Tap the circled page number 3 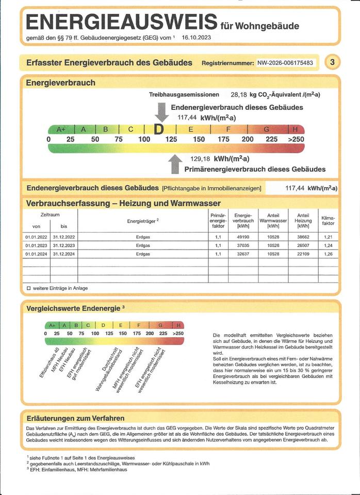pyautogui.click(x=332, y=62)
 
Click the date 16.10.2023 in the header pyautogui.click(x=197, y=38)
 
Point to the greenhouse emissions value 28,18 pyautogui.click(x=239, y=95)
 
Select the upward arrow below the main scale pyautogui.click(x=175, y=164)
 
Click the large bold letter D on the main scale pyautogui.click(x=160, y=129)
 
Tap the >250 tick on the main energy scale pyautogui.click(x=294, y=139)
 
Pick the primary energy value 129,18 pyautogui.click(x=201, y=158)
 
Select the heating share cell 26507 pyautogui.click(x=303, y=245)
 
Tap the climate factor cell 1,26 pyautogui.click(x=328, y=254)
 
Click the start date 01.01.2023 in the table pyautogui.click(x=36, y=245)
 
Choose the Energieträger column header pyautogui.click(x=143, y=221)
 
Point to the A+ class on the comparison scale pyautogui.click(x=52, y=325)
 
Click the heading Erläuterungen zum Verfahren pyautogui.click(x=75, y=418)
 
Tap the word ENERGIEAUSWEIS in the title pyautogui.click(x=121, y=23)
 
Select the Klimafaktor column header pyautogui.click(x=328, y=221)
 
